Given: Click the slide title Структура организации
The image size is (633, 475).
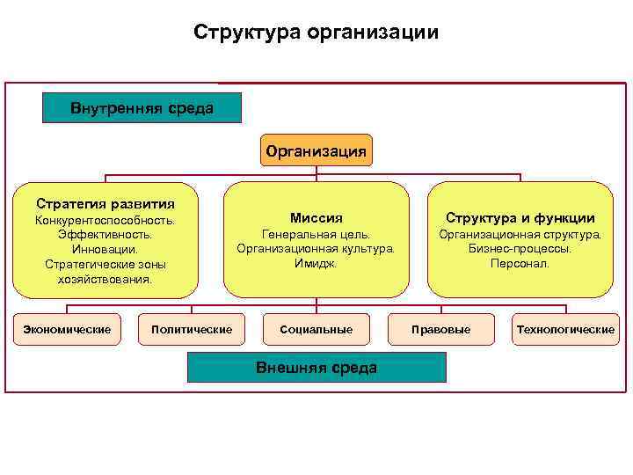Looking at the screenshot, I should pyautogui.click(x=316, y=33).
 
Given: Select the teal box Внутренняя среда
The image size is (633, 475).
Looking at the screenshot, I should pyautogui.click(x=142, y=108).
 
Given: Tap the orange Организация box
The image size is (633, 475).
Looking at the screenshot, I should pyautogui.click(x=316, y=150).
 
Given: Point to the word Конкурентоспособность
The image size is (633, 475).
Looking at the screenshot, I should pyautogui.click(x=105, y=220).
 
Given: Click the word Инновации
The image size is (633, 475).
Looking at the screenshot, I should pyautogui.click(x=105, y=250).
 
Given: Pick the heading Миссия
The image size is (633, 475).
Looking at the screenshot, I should pyautogui.click(x=316, y=217).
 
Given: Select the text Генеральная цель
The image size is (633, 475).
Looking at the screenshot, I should pyautogui.click(x=316, y=234).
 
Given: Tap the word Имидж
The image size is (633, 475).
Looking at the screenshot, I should pyautogui.click(x=316, y=263).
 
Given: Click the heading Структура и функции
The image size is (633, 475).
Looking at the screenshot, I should pyautogui.click(x=520, y=217).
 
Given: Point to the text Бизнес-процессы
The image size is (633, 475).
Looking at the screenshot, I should pyautogui.click(x=520, y=249).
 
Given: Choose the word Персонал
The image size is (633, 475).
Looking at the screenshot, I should pyautogui.click(x=520, y=263).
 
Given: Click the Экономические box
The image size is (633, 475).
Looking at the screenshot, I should pyautogui.click(x=66, y=329).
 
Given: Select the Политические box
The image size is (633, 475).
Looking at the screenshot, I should pyautogui.click(x=192, y=329).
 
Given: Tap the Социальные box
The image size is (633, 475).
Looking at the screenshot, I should pyautogui.click(x=316, y=329).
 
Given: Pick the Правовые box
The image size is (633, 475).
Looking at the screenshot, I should pyautogui.click(x=440, y=329).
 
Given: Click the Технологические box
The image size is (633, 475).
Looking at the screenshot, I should pyautogui.click(x=565, y=329).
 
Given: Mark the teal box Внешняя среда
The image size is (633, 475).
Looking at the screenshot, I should pyautogui.click(x=316, y=368).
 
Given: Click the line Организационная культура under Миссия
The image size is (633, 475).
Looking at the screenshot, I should pyautogui.click(x=316, y=249).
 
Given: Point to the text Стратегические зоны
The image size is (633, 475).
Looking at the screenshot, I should pyautogui.click(x=105, y=264).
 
